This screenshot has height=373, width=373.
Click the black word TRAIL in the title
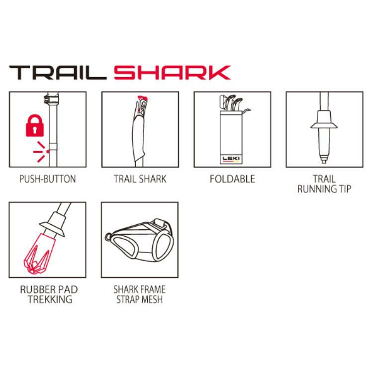(x=58, y=73)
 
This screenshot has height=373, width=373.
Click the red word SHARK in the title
(x=172, y=73)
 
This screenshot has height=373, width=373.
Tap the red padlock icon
(x=35, y=126)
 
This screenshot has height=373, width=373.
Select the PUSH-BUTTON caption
(x=48, y=179)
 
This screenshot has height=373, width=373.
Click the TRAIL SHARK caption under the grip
(x=140, y=179)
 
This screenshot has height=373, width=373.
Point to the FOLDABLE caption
(x=232, y=179)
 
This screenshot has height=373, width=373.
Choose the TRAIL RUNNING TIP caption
(x=324, y=184)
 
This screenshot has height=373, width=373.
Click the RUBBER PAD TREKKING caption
(x=49, y=294)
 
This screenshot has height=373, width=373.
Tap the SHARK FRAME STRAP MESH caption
(x=140, y=294)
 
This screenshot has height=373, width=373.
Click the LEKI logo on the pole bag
(x=231, y=159)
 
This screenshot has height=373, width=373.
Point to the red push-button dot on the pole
(x=48, y=152)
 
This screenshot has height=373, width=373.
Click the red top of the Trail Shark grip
(x=143, y=98)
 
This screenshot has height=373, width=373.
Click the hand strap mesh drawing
(x=140, y=240)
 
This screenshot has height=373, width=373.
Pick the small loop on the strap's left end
(x=108, y=237)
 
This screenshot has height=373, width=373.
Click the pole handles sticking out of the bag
(x=231, y=103)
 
